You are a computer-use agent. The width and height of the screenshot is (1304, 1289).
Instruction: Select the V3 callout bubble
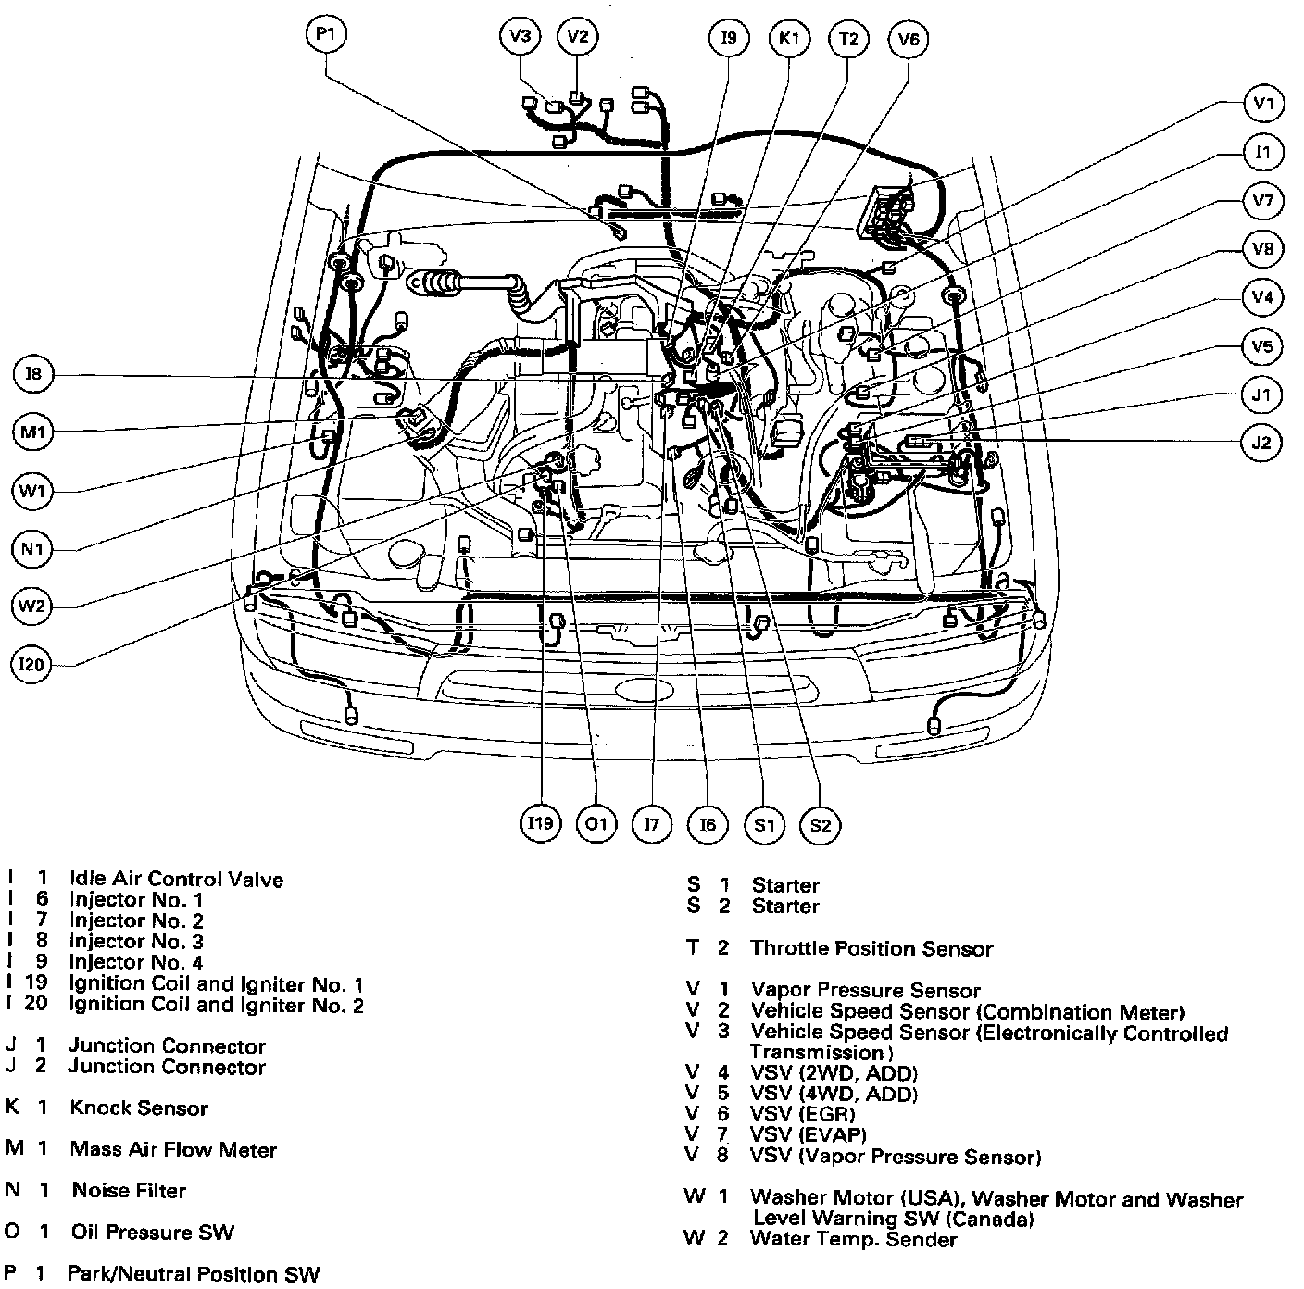point(521,37)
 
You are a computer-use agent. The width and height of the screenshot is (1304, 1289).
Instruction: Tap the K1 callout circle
point(789,39)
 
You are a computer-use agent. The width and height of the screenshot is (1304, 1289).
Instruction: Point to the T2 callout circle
point(848,39)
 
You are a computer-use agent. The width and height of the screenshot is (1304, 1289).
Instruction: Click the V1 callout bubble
point(1263,105)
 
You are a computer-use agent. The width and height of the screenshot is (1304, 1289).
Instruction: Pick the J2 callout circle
point(1261,443)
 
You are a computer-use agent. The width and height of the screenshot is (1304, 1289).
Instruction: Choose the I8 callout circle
point(33,375)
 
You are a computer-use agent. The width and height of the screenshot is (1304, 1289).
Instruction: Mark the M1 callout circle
point(33,432)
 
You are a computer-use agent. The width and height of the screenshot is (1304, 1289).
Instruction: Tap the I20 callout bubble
point(32,666)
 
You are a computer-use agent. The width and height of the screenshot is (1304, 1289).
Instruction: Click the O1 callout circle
point(596,823)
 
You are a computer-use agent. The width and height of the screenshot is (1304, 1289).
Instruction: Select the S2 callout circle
point(821,825)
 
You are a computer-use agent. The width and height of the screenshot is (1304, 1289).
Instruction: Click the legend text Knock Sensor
point(139,1108)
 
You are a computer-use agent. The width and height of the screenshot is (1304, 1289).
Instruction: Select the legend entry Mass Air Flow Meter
point(173,1150)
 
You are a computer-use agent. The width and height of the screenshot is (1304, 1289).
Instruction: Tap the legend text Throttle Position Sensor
point(871,949)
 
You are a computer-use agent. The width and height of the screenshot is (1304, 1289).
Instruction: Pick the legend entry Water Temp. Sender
point(853,1239)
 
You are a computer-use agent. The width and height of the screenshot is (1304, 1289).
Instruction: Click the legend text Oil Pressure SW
point(152,1233)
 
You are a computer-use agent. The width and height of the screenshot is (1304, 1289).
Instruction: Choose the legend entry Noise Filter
point(129,1191)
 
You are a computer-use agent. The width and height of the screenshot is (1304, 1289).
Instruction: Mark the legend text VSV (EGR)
point(802,1115)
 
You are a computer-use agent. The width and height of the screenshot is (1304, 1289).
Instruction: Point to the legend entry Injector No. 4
point(136,963)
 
